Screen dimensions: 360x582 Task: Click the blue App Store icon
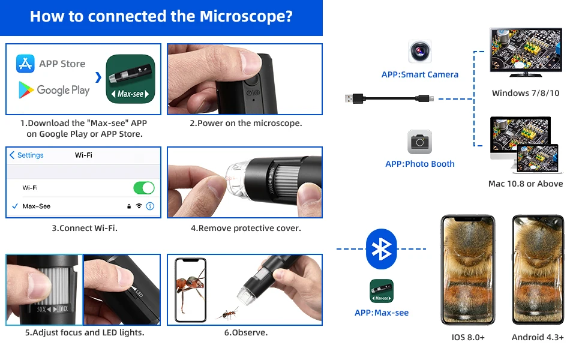[25, 64]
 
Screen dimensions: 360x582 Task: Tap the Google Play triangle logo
[25, 90]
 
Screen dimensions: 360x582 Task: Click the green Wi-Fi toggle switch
[143, 188]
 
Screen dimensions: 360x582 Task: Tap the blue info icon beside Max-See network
[150, 206]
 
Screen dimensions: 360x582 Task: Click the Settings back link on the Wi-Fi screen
[27, 155]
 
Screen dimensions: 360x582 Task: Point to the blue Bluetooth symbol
[381, 248]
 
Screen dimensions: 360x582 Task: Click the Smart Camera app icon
[420, 52]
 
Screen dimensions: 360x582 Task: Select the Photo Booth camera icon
[420, 142]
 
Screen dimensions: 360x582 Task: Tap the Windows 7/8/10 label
[526, 93]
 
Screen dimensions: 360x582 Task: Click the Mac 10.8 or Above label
[526, 184]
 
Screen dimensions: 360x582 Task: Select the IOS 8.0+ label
[468, 337]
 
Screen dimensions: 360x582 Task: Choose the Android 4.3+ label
[538, 337]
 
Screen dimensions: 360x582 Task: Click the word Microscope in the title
[247, 16]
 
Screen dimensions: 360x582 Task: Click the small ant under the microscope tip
[229, 313]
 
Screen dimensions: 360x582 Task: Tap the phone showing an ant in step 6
[190, 290]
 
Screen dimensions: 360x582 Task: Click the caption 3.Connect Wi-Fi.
[84, 228]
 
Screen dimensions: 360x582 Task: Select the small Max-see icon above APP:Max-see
[381, 291]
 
